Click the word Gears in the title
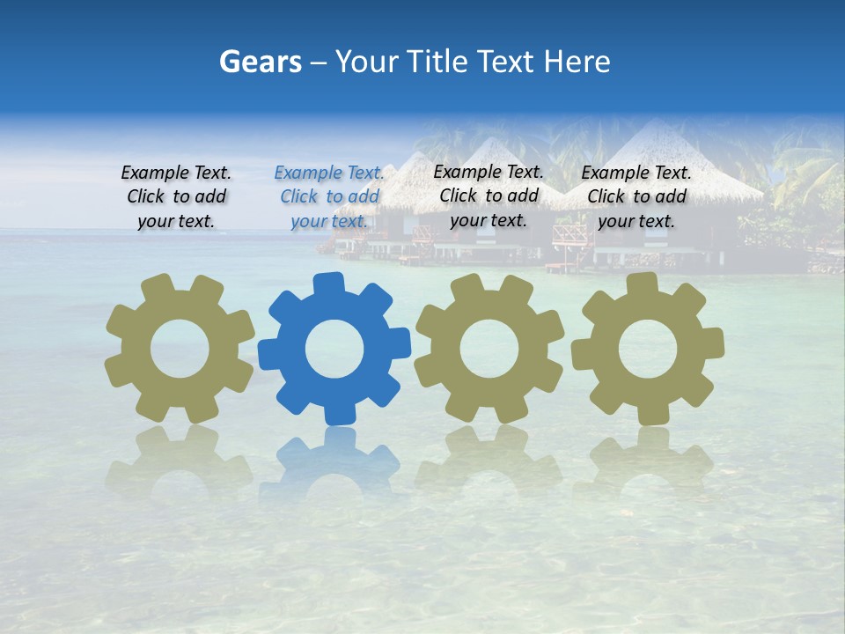point(260,62)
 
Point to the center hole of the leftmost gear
point(180,350)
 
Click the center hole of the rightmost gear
point(648,350)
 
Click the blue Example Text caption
point(330,197)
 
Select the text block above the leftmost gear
point(176,197)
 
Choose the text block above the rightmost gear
point(636,197)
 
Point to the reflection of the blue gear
point(334,458)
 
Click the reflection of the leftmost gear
point(180,458)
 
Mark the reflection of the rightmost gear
point(648,458)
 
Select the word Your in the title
point(364,62)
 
